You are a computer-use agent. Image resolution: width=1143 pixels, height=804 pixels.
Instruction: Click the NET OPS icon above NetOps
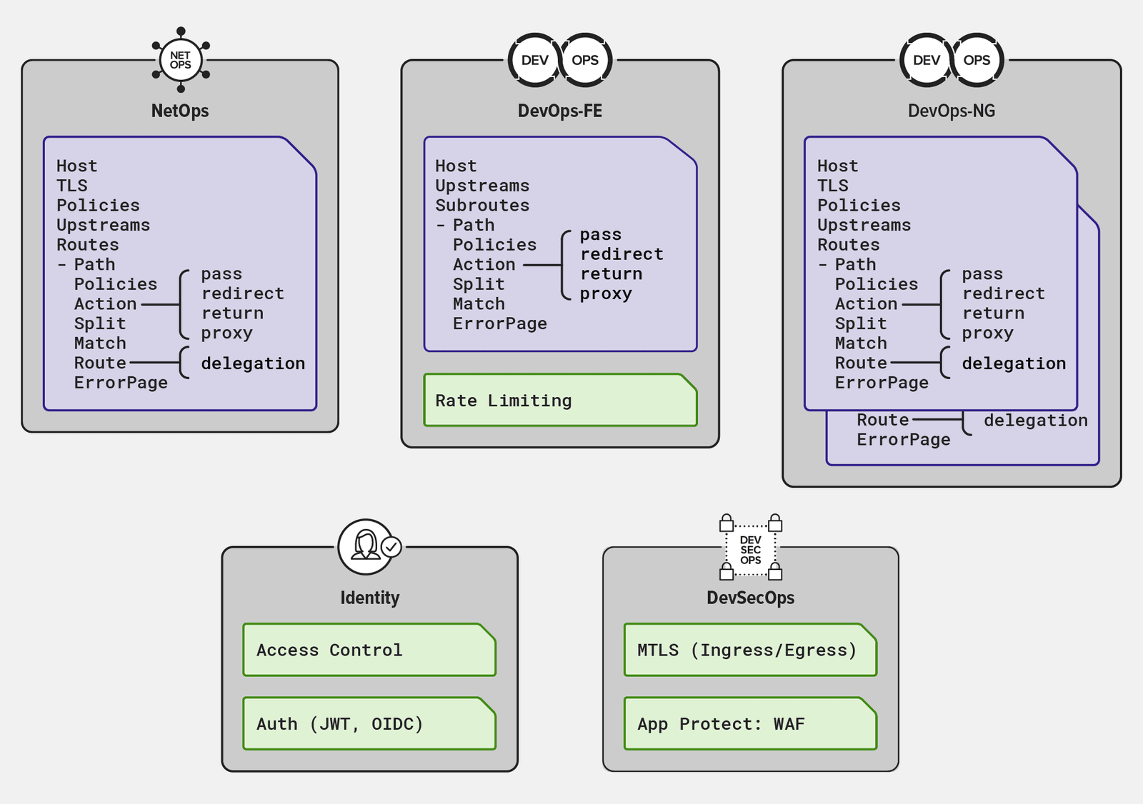coord(181,60)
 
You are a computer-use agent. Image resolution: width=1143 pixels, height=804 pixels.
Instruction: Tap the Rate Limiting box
coord(560,401)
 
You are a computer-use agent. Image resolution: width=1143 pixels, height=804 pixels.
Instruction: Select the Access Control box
coord(369,650)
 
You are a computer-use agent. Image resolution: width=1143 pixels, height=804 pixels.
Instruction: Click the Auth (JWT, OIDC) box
coord(369,723)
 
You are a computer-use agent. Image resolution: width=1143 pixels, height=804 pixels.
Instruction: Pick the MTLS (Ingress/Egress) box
coord(750,650)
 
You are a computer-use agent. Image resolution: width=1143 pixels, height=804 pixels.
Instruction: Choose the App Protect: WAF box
coord(750,723)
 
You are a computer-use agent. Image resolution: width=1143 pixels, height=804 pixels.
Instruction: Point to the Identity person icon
coord(366,546)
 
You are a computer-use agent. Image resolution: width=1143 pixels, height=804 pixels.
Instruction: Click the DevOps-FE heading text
coord(559,111)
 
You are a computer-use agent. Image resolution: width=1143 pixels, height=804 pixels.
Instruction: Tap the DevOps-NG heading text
coord(951,111)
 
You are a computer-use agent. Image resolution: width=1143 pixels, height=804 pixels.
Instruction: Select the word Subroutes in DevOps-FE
coord(482,206)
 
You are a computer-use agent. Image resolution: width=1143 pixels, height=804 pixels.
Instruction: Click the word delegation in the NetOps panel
coord(253,363)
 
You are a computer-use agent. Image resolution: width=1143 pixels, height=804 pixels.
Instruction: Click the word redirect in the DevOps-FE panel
coord(622,254)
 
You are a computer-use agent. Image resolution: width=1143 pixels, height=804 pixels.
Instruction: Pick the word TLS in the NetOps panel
coord(72,186)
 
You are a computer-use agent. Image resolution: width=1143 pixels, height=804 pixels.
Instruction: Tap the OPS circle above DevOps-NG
coord(977,60)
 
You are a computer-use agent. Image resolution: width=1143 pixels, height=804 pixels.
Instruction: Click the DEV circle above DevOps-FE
coord(534,60)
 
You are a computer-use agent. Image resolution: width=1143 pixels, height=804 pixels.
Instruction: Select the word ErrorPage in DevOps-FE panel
coord(499,324)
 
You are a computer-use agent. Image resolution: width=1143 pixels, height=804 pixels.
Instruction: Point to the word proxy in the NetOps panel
coord(226,333)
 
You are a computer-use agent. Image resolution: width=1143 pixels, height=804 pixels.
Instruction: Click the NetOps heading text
coord(180,111)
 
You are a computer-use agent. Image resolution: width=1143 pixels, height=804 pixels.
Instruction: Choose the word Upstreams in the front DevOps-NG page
coord(864,226)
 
